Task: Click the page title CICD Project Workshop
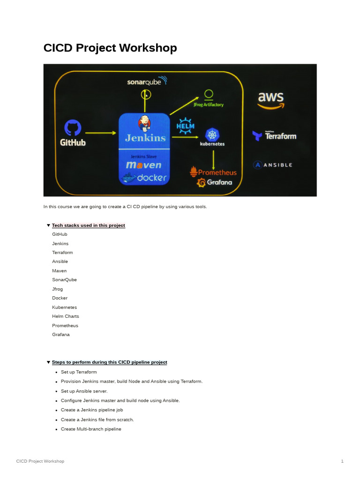coord(110,48)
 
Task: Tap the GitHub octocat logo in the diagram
coord(73,127)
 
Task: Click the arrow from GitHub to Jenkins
coord(101,133)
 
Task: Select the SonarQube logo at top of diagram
coord(147,81)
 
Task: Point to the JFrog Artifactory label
coord(209,105)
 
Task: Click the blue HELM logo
coord(185,126)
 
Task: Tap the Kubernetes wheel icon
coord(212,135)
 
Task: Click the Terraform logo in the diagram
coord(274,136)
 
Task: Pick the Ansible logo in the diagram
coord(273,165)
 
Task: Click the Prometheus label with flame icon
coord(213,172)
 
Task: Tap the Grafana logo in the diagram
coord(214,182)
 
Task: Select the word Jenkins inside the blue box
coord(145,138)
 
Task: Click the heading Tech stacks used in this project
coord(88,225)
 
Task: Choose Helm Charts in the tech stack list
coord(65,316)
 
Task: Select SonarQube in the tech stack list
coord(64,280)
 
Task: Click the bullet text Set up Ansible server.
coord(84,391)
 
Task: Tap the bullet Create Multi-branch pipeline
coord(91,429)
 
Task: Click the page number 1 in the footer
coord(342,461)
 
